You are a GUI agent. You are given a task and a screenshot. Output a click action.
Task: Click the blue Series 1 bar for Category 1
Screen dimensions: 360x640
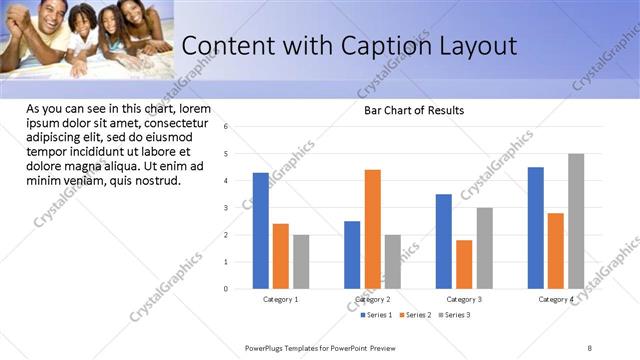point(261,231)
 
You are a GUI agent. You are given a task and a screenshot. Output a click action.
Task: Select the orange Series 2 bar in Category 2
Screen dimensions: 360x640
point(372,229)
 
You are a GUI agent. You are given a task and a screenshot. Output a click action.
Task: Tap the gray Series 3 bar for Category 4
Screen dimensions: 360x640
point(576,221)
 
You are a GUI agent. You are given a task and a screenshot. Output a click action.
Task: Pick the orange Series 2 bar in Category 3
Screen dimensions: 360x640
point(464,264)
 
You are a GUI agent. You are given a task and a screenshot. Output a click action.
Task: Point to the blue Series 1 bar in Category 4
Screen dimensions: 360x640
point(536,228)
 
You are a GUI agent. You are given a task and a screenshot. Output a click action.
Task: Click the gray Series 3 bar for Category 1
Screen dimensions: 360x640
point(301,262)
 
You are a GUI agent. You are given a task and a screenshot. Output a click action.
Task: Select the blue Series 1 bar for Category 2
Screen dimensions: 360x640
point(352,255)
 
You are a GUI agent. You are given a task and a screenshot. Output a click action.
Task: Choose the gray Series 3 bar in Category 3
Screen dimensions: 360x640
point(484,248)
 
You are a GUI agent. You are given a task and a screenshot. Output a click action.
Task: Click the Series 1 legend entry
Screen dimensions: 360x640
point(375,315)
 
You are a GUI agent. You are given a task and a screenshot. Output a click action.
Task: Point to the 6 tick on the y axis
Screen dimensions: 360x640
point(226,127)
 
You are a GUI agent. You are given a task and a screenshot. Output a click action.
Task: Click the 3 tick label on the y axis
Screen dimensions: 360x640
point(226,208)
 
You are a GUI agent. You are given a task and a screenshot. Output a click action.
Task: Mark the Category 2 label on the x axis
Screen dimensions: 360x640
point(372,299)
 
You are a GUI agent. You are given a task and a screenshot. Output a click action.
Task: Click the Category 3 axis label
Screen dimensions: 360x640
point(464,299)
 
